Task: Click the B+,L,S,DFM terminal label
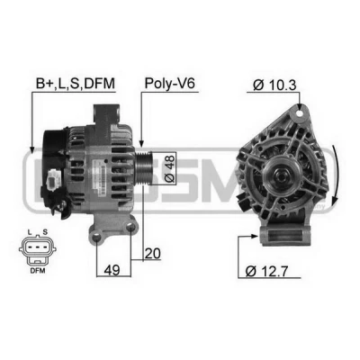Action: pos(76,84)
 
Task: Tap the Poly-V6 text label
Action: pos(170,84)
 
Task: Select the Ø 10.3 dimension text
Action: pos(274,85)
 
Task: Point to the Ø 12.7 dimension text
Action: pos(266,271)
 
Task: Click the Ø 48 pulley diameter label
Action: pos(170,169)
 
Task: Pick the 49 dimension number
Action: pos(112,270)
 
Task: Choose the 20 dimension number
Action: pos(153,254)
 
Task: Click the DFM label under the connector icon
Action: pos(38,271)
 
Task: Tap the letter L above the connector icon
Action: pos(30,232)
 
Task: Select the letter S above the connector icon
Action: pos(45,232)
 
